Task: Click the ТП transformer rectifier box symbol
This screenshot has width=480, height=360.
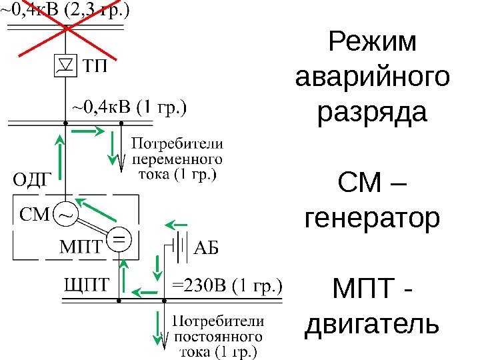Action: (65, 65)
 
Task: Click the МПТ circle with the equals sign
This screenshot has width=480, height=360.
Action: (119, 237)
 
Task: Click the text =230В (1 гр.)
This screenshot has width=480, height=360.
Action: (227, 287)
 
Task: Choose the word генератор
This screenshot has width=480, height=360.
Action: (372, 218)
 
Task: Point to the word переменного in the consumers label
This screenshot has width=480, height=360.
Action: (178, 160)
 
